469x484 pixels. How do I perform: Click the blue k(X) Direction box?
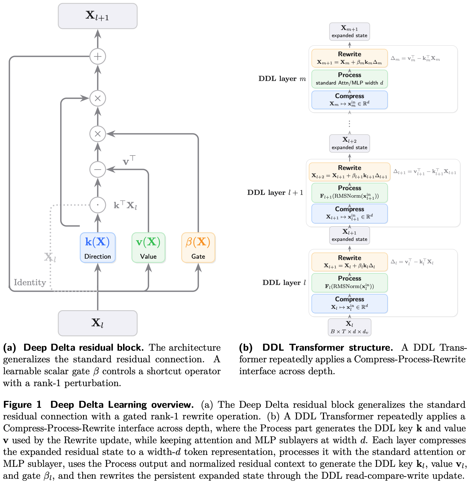[98, 248]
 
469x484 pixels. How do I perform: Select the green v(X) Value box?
[148, 248]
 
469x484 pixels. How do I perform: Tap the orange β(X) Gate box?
[198, 248]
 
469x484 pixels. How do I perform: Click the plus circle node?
[98, 57]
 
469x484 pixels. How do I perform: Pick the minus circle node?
[98, 169]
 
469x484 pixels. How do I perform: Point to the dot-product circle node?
[98, 205]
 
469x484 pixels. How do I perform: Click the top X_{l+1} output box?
[98, 16]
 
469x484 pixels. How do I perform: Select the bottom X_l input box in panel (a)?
[98, 323]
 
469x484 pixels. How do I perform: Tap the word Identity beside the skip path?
[30, 282]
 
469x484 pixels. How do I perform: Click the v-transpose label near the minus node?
[129, 161]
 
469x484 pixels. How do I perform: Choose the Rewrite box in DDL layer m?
[350, 58]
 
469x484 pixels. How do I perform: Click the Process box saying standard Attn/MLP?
[350, 79]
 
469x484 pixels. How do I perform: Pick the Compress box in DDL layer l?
[350, 304]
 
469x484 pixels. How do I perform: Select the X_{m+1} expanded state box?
[350, 32]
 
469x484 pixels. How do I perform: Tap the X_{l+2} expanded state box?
[350, 143]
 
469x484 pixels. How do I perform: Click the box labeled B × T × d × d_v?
[350, 327]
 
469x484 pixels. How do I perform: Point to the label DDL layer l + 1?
[275, 193]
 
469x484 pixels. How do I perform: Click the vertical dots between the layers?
[350, 124]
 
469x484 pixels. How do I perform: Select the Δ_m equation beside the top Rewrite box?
[415, 58]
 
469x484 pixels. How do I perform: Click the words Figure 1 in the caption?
[22, 405]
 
